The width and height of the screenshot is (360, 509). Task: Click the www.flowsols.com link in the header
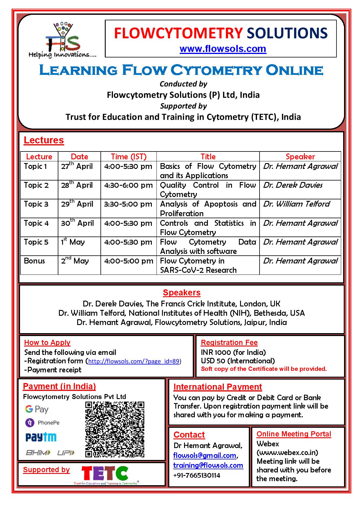[x=223, y=49]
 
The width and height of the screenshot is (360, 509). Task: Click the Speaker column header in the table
[x=300, y=157]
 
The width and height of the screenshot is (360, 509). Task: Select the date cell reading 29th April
[x=77, y=204]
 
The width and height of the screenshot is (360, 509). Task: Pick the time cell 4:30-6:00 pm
[x=128, y=185]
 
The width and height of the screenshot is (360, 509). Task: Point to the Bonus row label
[x=34, y=261]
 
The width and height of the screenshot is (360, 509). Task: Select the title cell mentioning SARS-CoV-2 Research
[x=198, y=266]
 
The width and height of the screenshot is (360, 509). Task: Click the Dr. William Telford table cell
[x=296, y=204]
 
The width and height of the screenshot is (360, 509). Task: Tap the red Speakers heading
[x=181, y=293]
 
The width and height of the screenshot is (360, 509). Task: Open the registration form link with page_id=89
[x=134, y=361]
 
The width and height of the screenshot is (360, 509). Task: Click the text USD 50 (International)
[x=238, y=361]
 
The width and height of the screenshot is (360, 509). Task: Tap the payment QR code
[x=115, y=429]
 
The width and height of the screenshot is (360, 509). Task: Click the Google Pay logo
[x=37, y=409]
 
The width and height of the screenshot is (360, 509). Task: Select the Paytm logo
[x=41, y=437]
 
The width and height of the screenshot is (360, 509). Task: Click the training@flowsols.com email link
[x=208, y=465]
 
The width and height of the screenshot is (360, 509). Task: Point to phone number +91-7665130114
[x=197, y=475]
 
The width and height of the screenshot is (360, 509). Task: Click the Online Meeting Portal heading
[x=294, y=434]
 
